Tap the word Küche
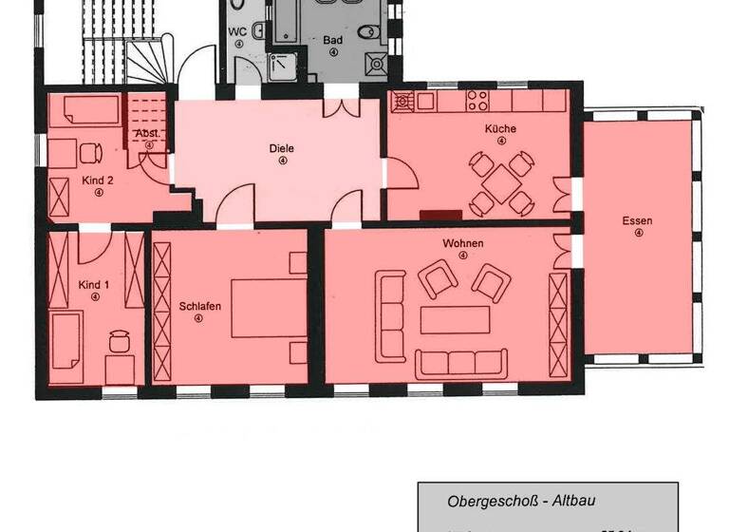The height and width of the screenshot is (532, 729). [x=500, y=128]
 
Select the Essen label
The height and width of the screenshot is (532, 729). [x=638, y=221]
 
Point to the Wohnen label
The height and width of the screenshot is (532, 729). [x=462, y=243]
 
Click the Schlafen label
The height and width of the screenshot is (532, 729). [x=199, y=306]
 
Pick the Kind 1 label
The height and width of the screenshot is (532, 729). [x=95, y=285]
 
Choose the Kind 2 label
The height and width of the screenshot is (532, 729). [x=98, y=179]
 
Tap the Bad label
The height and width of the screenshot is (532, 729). [x=332, y=40]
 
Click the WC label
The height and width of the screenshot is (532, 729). [x=238, y=30]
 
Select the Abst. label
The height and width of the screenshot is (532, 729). [x=148, y=134]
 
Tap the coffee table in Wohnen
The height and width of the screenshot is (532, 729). [x=454, y=318]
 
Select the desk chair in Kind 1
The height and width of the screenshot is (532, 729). [x=119, y=338]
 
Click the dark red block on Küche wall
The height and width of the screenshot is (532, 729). [x=439, y=215]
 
